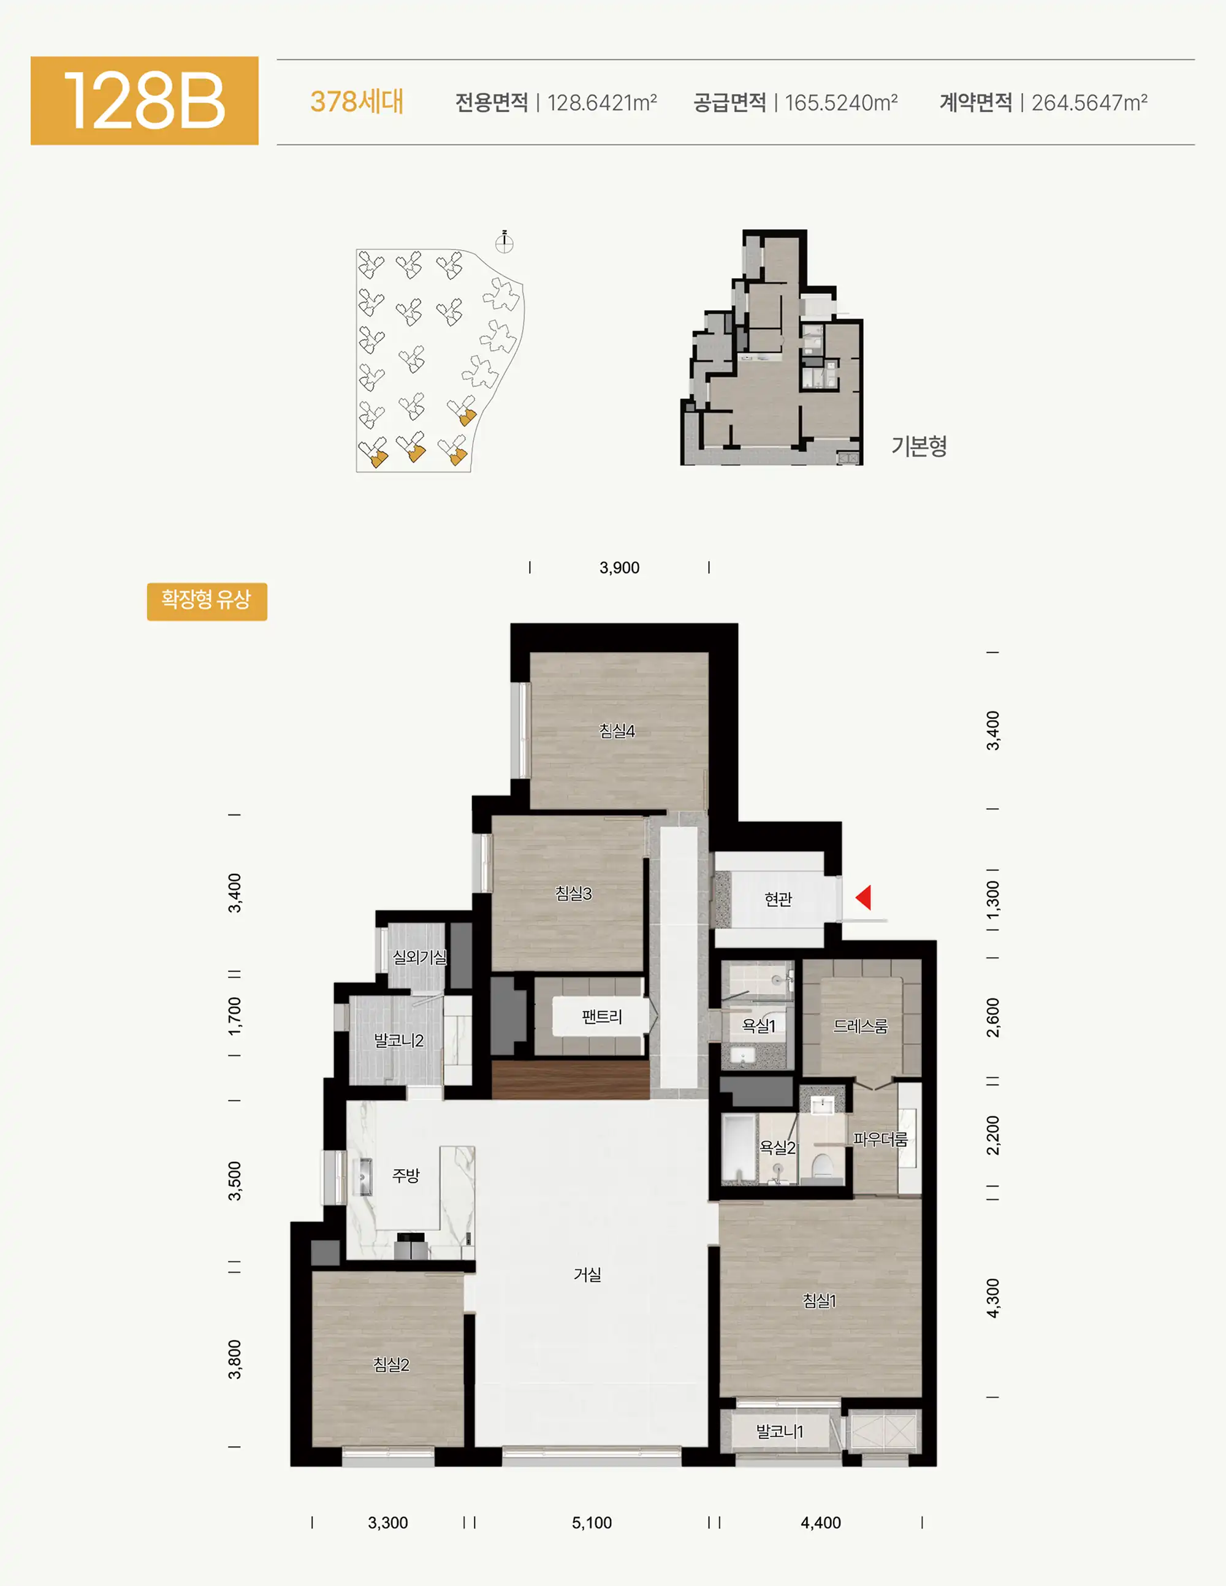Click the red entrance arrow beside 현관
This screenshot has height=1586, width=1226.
(x=864, y=898)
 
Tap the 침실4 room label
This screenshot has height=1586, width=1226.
(x=617, y=730)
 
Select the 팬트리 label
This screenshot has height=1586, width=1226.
(x=602, y=1017)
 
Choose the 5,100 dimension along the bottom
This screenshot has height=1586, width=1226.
(x=592, y=1523)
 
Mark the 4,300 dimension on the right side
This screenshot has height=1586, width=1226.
(x=993, y=1298)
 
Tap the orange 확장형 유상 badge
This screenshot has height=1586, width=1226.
(x=207, y=601)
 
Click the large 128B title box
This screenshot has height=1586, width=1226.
(x=145, y=101)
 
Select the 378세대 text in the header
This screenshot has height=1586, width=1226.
(x=357, y=102)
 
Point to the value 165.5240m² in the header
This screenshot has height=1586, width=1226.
(x=841, y=102)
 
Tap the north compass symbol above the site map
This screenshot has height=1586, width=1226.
(x=504, y=242)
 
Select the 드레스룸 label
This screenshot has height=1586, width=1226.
(x=861, y=1026)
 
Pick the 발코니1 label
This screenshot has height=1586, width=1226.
(x=779, y=1432)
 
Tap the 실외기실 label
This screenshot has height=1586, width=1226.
(x=420, y=957)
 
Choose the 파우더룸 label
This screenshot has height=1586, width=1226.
(x=880, y=1139)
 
